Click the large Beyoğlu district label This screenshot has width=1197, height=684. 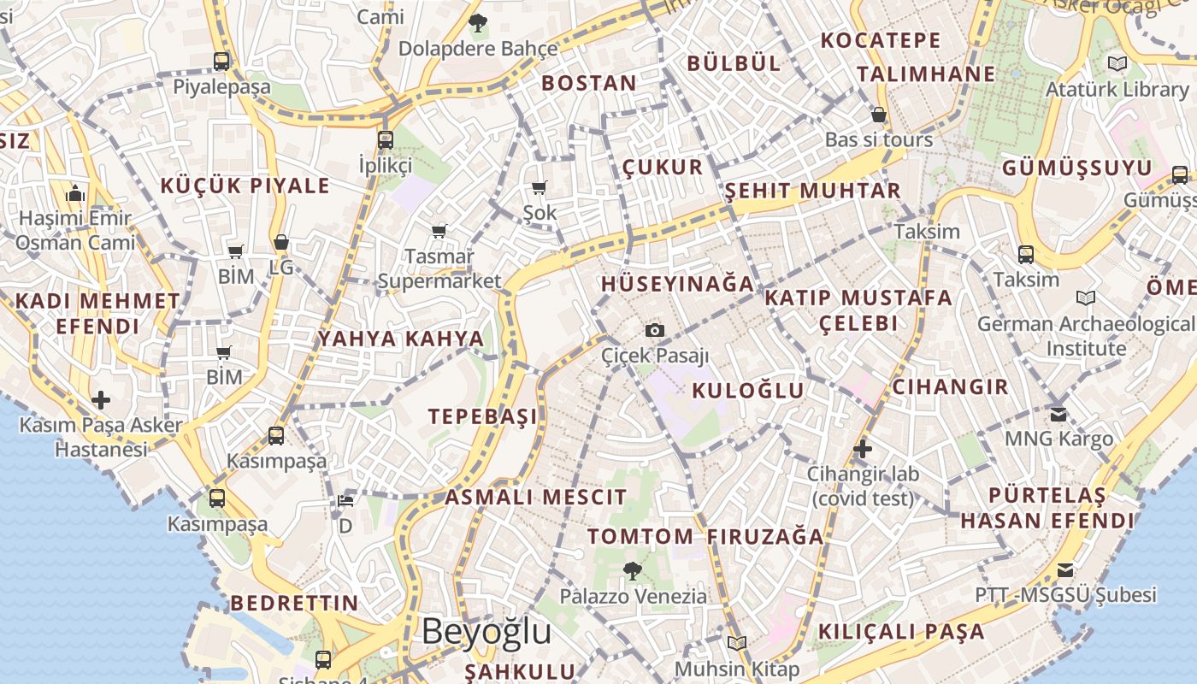pyautogui.click(x=486, y=632)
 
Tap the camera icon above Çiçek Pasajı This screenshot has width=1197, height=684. pyautogui.click(x=655, y=330)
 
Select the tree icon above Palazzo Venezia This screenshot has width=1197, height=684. pyautogui.click(x=633, y=570)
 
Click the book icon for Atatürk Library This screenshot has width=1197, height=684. pyautogui.click(x=1117, y=63)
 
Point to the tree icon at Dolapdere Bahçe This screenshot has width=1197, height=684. pyautogui.click(x=478, y=22)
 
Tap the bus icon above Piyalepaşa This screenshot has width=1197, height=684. pyautogui.click(x=221, y=62)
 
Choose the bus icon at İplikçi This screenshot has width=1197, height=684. pyautogui.click(x=386, y=139)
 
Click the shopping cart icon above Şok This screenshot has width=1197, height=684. pyautogui.click(x=539, y=187)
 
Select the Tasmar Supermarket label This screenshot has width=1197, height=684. pyautogui.click(x=439, y=268)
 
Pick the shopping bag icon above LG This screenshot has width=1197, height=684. pyautogui.click(x=280, y=243)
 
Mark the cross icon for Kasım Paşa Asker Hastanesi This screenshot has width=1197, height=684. pyautogui.click(x=101, y=399)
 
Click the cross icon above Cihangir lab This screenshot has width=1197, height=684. pyautogui.click(x=862, y=448)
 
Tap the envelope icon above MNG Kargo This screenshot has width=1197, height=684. pyautogui.click(x=1058, y=414)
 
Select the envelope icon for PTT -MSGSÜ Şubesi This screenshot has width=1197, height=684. pyautogui.click(x=1065, y=569)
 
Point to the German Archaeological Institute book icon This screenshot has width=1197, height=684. pyautogui.click(x=1086, y=298)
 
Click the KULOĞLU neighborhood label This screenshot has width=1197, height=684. pyautogui.click(x=748, y=392)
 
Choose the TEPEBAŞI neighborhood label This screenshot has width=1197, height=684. pyautogui.click(x=483, y=416)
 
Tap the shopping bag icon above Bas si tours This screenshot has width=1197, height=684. pyautogui.click(x=879, y=115)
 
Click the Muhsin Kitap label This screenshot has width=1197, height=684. pyautogui.click(x=737, y=669)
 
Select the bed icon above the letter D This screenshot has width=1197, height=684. pyautogui.click(x=345, y=500)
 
